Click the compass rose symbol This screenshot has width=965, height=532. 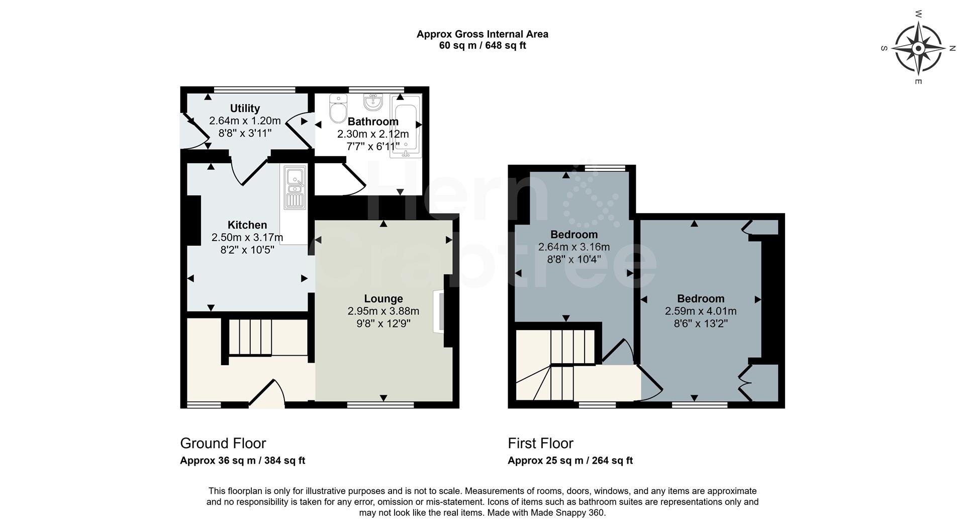tap(918, 49)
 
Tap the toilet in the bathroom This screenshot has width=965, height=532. tap(338, 109)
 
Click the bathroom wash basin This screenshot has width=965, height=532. tap(372, 102)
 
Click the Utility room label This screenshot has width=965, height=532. tap(245, 109)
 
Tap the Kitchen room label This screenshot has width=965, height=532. tap(247, 225)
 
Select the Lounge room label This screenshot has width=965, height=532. tap(383, 299)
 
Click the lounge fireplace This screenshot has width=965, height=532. tap(439, 311)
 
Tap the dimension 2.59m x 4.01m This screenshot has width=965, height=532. tap(701, 311)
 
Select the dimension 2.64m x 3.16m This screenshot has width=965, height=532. tap(573, 247)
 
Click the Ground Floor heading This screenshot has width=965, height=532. tap(223, 443)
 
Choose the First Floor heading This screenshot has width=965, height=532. tap(540, 443)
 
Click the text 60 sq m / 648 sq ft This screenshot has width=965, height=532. tap(482, 46)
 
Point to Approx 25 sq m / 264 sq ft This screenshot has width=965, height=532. tap(570, 460)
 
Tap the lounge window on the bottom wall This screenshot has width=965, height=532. tap(380, 404)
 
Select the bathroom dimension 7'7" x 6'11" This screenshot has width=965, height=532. tap(373, 146)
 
